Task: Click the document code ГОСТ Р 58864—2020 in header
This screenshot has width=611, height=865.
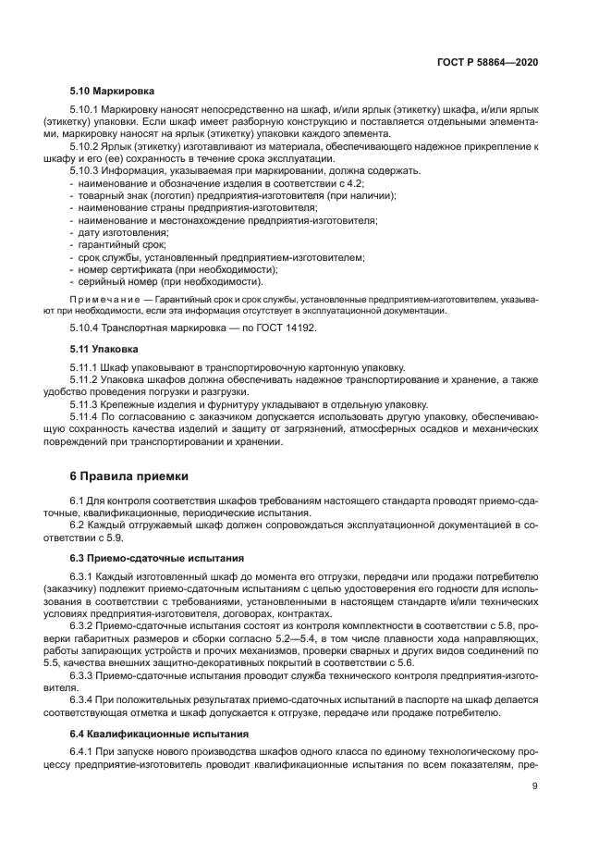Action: click(x=487, y=61)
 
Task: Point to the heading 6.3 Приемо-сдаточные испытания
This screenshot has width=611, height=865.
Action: click(x=156, y=559)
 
